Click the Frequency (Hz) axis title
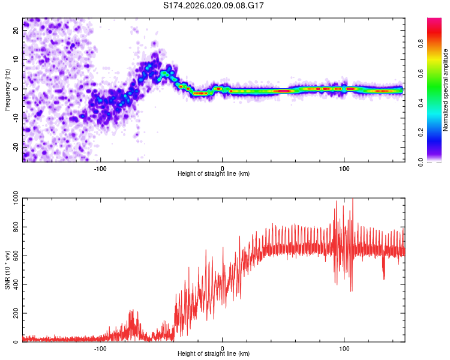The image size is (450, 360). [7, 89]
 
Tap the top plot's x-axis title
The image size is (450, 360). [214, 173]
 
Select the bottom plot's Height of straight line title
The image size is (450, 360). [214, 353]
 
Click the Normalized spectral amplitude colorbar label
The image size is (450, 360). [445, 89]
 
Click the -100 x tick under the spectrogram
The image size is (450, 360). [100, 167]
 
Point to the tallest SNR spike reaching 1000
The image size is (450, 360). [352, 200]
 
